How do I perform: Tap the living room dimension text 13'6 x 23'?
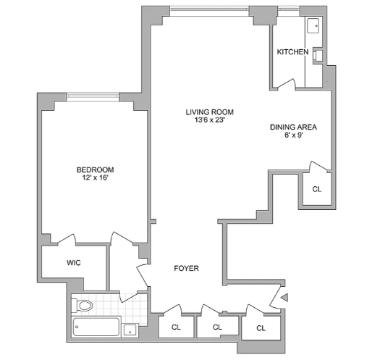(210, 120)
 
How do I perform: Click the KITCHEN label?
(292, 52)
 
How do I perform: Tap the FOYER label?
(186, 269)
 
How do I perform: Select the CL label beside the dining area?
(316, 190)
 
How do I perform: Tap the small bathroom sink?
(130, 330)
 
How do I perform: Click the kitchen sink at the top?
(313, 26)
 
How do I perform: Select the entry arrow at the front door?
(284, 297)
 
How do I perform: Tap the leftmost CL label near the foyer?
(176, 327)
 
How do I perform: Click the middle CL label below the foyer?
(216, 327)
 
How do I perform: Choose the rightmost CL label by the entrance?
(260, 327)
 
